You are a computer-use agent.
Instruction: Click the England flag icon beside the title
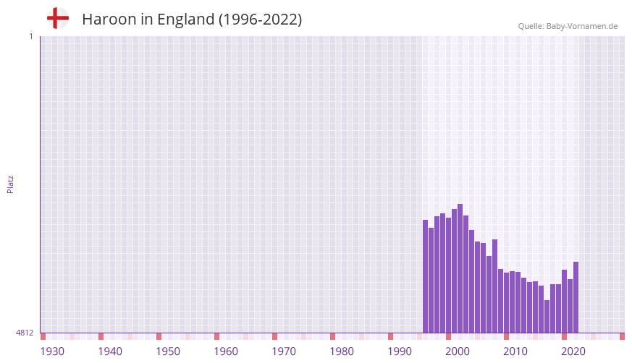[x=57, y=19]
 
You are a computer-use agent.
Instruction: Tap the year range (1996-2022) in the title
[x=260, y=20]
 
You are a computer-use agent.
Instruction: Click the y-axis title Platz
[x=10, y=184]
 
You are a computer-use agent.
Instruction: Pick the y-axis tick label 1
[x=30, y=36]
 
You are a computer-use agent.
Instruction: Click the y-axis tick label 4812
[x=25, y=333]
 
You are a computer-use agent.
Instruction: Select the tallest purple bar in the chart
[x=460, y=268]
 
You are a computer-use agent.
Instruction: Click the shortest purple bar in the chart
[x=547, y=317]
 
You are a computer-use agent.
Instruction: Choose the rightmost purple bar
[x=576, y=297]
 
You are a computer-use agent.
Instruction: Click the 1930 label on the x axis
[x=52, y=351]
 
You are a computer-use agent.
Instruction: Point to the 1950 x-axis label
[x=168, y=351]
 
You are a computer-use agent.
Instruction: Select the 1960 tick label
[x=226, y=351]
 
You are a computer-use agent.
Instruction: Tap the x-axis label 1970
[x=284, y=351]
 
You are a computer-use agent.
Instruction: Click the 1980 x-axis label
[x=342, y=351]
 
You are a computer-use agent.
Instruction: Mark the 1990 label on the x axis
[x=400, y=351]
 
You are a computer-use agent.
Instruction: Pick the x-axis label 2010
[x=515, y=351]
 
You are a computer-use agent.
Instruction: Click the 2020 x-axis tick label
[x=573, y=351]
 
